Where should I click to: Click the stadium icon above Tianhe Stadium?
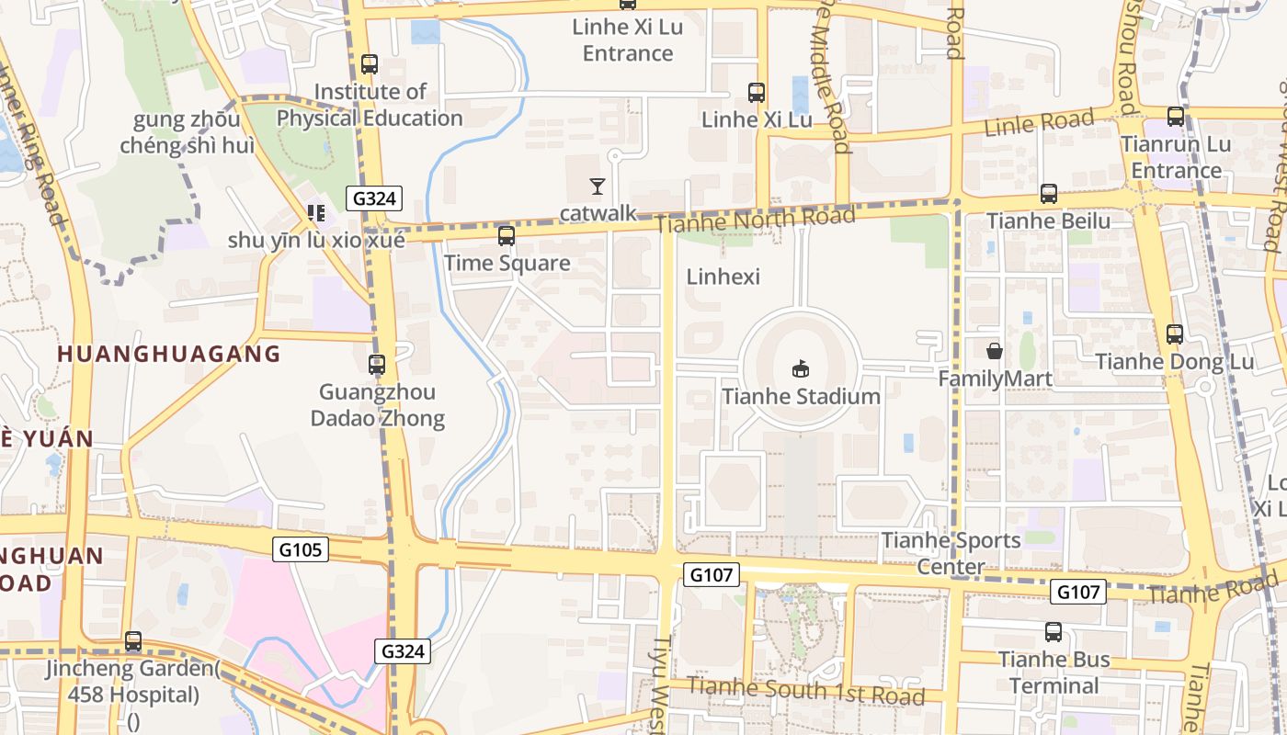801,369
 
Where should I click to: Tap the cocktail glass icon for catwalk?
598,187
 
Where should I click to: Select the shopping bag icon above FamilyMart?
994,351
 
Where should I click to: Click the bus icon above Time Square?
506,236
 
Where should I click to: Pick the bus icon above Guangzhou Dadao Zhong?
376,365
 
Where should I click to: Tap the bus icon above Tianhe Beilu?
1048,194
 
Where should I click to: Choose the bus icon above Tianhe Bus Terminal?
1054,632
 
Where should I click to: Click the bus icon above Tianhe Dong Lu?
1174,334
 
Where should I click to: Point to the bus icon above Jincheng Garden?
133,641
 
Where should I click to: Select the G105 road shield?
301,549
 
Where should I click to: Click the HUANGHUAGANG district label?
168,354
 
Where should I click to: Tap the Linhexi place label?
723,277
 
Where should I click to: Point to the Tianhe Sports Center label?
951,553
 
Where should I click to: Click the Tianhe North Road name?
756,220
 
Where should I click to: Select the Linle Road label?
1039,122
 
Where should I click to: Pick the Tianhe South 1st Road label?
805,690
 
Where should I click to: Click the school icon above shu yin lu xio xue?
316,214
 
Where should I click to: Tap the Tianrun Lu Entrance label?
1176,157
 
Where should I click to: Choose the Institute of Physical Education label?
370,105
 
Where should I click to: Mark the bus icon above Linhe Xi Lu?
756,93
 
